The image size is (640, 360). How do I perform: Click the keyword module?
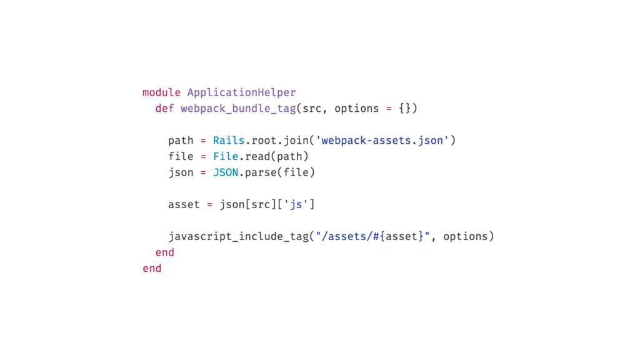pyautogui.click(x=161, y=92)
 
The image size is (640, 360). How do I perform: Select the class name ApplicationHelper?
pyautogui.click(x=241, y=92)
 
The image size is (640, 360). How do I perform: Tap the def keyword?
pyautogui.click(x=164, y=109)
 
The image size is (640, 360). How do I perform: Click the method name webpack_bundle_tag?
pyautogui.click(x=238, y=109)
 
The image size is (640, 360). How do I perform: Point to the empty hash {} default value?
pyautogui.click(x=404, y=109)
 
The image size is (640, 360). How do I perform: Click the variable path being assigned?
pyautogui.click(x=181, y=141)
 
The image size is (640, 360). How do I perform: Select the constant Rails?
pyautogui.click(x=229, y=141)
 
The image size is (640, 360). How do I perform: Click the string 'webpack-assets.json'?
pyautogui.click(x=382, y=141)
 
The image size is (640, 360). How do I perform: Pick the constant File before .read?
pyautogui.click(x=226, y=156)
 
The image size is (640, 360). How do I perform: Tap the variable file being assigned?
pyautogui.click(x=181, y=156)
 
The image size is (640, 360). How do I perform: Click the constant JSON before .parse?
pyautogui.click(x=226, y=172)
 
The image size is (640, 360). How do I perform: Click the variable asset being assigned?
pyautogui.click(x=184, y=204)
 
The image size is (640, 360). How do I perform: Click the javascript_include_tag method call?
pyautogui.click(x=238, y=236)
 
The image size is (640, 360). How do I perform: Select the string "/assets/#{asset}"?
pyautogui.click(x=372, y=236)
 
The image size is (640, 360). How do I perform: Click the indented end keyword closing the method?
pyautogui.click(x=164, y=252)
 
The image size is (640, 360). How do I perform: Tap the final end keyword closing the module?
pyautogui.click(x=152, y=269)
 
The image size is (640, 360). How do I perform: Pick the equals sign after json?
pyautogui.click(x=203, y=172)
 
